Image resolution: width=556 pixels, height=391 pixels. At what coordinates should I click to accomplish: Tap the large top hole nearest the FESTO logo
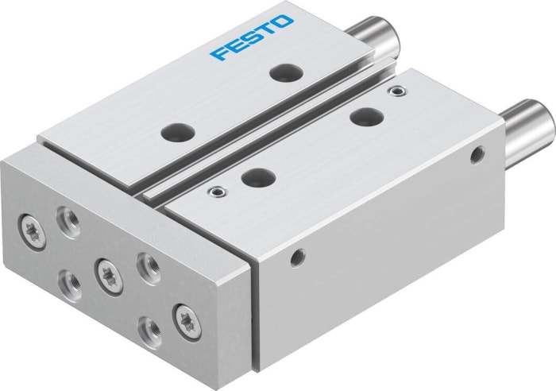(x=282, y=73)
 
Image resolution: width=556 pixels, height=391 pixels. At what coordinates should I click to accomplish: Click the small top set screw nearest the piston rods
(x=393, y=92)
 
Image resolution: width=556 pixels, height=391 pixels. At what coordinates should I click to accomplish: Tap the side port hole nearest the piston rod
(x=477, y=154)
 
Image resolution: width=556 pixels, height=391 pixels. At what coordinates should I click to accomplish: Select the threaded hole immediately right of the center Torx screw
(x=145, y=261)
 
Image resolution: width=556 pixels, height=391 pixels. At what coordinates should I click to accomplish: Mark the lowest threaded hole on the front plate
(x=148, y=327)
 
